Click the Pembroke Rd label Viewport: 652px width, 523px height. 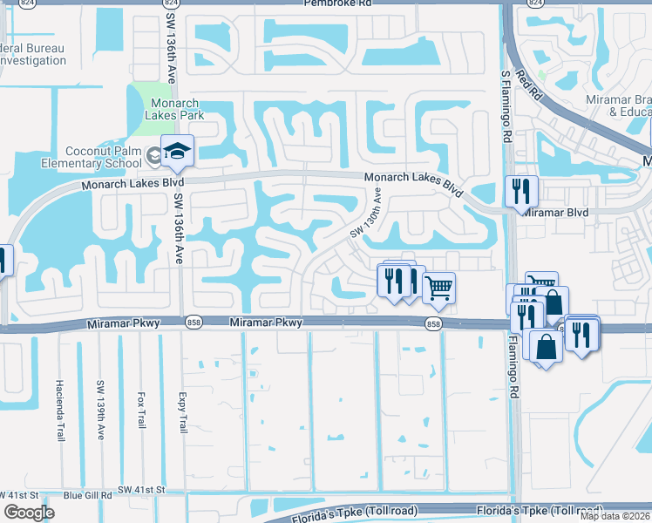[338, 3]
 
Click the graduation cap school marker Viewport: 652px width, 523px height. [177, 152]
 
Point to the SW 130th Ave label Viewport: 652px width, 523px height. [367, 217]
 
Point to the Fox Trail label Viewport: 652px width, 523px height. [140, 409]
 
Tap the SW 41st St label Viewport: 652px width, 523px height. [141, 490]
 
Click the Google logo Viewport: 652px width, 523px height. [30, 513]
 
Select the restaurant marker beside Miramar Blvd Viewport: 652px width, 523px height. [522, 191]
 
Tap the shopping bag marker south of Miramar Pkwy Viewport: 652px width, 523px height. [546, 347]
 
